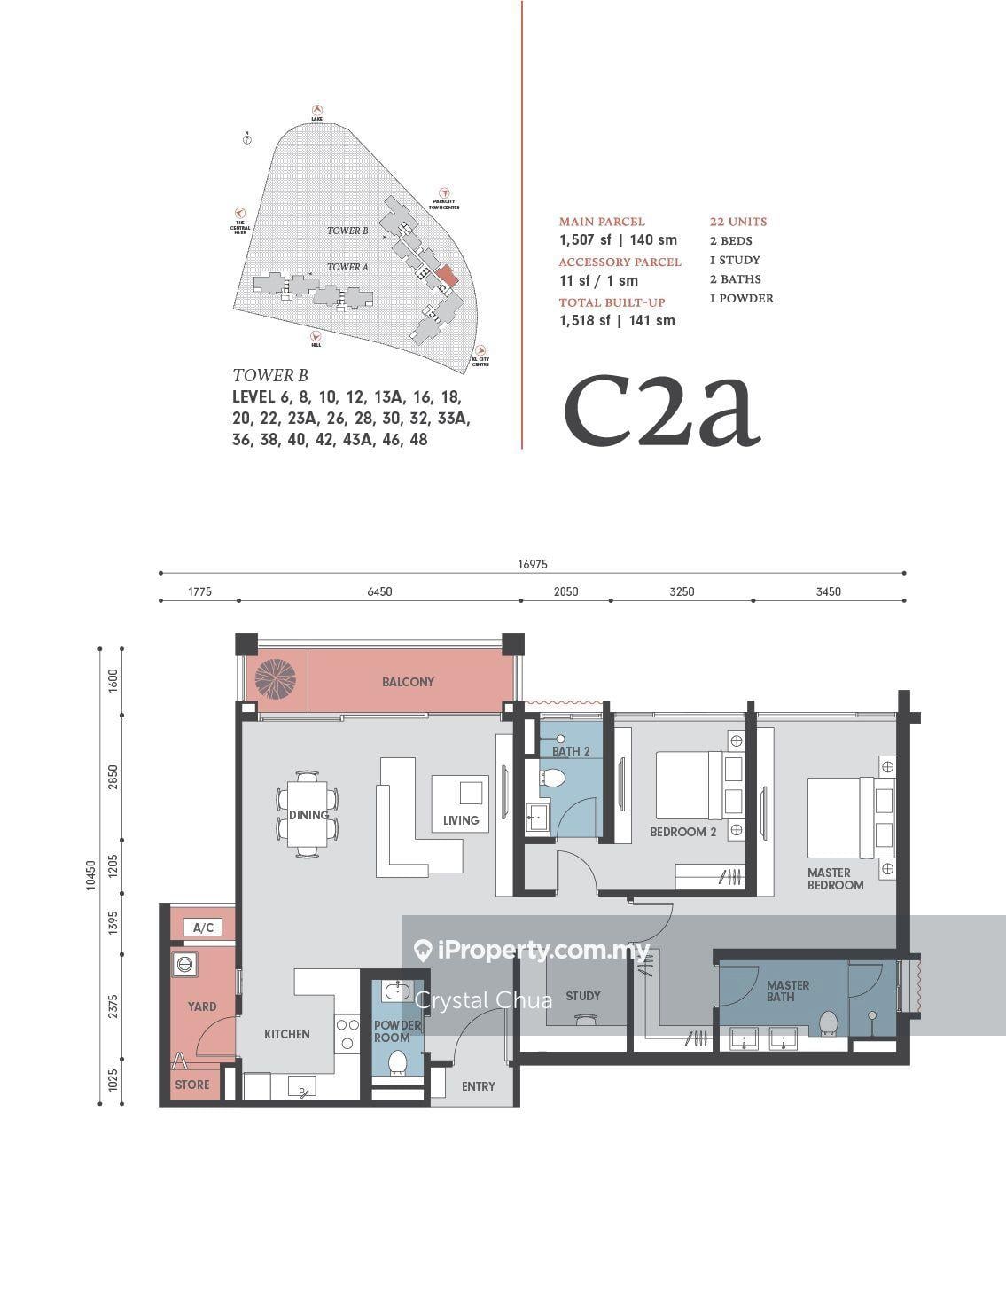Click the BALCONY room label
(x=408, y=682)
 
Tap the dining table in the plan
(x=307, y=815)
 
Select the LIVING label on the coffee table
(x=461, y=820)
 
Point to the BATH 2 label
(x=572, y=751)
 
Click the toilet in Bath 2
(x=554, y=779)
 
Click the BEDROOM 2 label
(x=682, y=832)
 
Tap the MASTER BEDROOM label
(x=835, y=879)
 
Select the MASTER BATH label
(x=788, y=991)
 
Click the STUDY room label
(x=582, y=996)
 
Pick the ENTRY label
(x=478, y=1086)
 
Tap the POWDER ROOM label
(x=397, y=1031)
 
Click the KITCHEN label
(x=287, y=1034)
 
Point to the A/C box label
(x=203, y=928)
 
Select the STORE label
(x=192, y=1085)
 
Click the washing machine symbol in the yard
(x=187, y=964)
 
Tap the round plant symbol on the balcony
(x=274, y=678)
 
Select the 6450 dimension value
(x=379, y=591)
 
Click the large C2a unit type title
(x=662, y=410)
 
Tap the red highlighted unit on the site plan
(x=448, y=275)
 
